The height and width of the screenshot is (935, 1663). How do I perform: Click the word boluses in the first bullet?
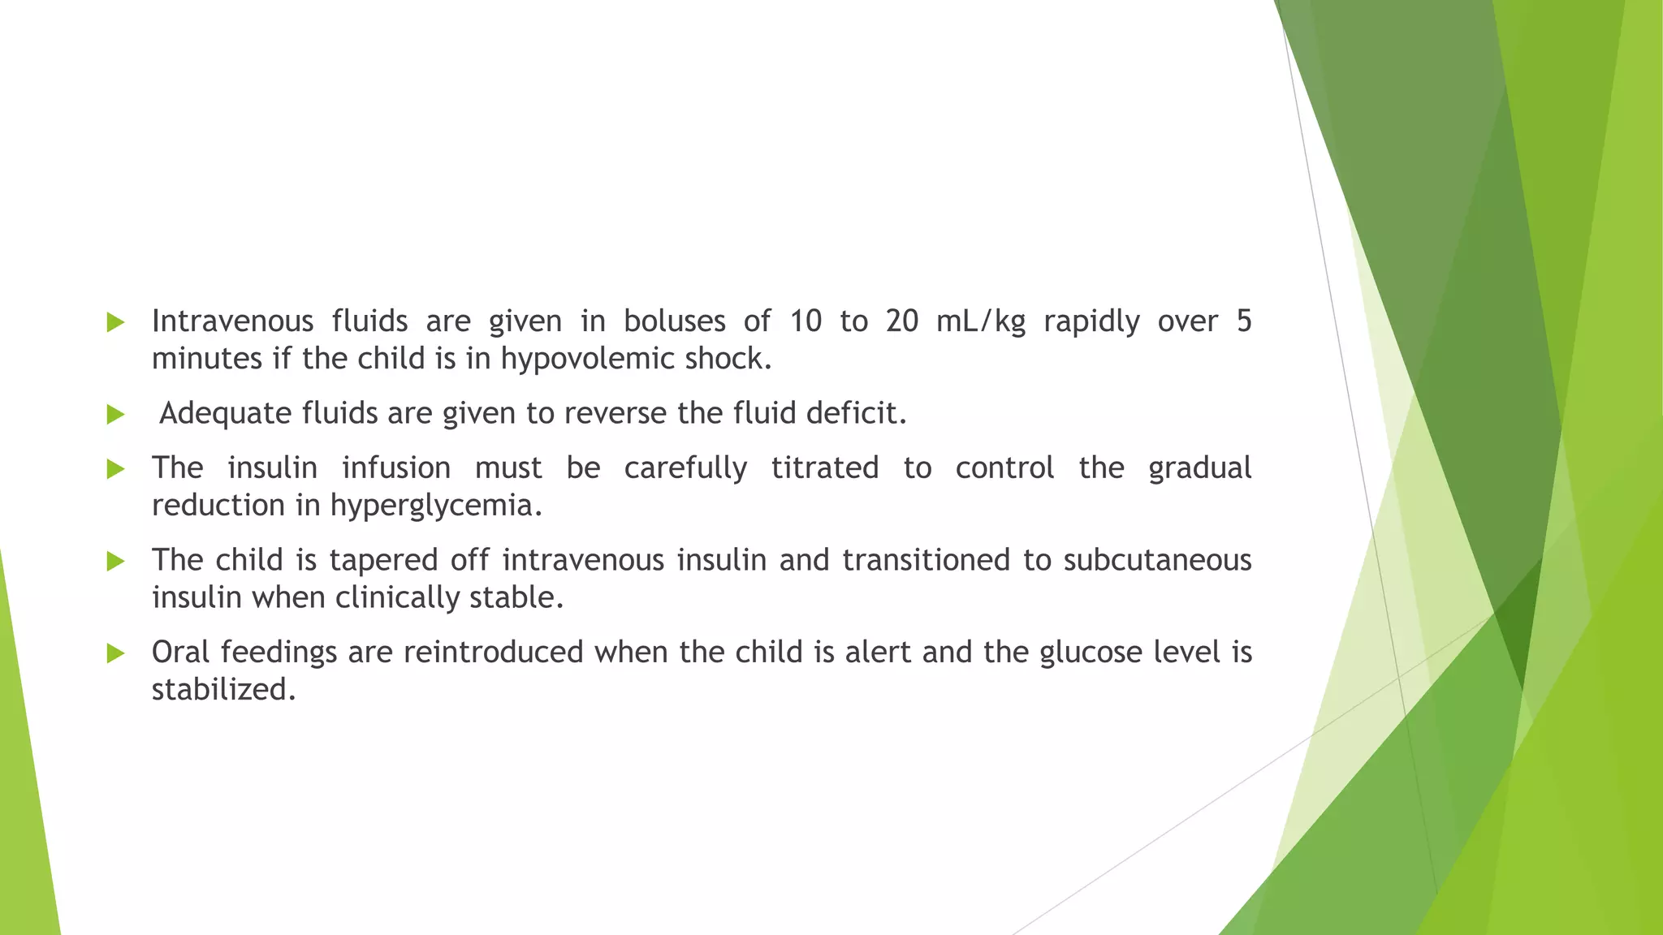674,321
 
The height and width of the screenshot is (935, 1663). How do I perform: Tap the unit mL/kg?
981,321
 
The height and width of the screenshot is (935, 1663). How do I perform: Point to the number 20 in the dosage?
901,321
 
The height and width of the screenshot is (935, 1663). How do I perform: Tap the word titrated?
824,468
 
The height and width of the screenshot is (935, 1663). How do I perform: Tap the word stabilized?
223,690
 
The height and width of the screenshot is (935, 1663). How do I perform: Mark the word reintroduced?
493,652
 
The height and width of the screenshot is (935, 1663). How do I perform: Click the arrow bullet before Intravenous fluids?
115,322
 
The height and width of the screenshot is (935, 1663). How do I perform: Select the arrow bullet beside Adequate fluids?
115,415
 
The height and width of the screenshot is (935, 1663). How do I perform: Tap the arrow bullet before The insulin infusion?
115,469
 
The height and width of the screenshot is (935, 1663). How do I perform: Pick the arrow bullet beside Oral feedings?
115,653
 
